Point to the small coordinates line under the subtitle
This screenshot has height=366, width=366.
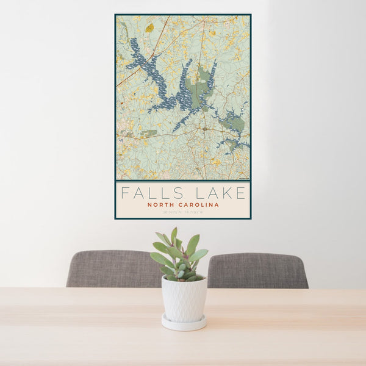[x=182, y=213]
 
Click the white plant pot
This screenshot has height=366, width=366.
[x=184, y=298]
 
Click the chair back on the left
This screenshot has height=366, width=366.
[x=112, y=268]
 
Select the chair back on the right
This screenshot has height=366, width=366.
[x=258, y=270]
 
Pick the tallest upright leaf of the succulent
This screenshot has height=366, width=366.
[x=174, y=235]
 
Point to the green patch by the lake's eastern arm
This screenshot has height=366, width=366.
[x=234, y=123]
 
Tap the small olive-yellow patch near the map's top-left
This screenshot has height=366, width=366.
[x=149, y=27]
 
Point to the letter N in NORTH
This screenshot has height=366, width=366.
[x=149, y=205]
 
